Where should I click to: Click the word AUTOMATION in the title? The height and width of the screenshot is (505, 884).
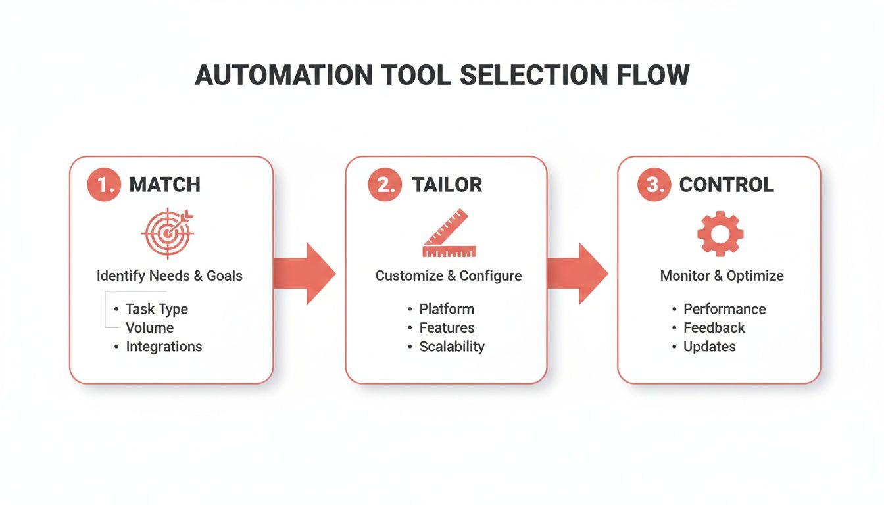pos(284,76)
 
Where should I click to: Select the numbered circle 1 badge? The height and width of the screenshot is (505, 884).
pos(105,185)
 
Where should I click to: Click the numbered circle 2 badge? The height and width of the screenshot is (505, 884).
pos(385,185)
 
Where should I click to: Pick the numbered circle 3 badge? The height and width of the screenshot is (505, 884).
pos(655,185)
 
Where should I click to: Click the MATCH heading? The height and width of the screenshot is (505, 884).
pos(164,185)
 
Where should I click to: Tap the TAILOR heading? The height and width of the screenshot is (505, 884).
pos(447,185)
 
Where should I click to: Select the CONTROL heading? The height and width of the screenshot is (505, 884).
pos(726,185)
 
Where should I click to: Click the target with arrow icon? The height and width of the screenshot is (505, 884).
pos(168,232)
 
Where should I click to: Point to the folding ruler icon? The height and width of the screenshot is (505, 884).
pos(449,233)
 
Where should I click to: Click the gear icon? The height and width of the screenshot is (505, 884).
pos(720,233)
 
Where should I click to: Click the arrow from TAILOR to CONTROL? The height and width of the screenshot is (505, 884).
pos(577,274)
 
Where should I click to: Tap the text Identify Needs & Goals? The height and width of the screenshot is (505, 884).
pos(170,276)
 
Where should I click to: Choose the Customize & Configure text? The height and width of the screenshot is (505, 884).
pos(449,276)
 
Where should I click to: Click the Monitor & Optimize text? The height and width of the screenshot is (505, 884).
pos(722,276)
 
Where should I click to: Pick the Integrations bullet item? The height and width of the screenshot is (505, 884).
pos(164,347)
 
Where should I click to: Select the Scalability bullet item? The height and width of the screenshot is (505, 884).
pos(452,347)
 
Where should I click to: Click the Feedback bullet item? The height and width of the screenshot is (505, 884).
pos(714,327)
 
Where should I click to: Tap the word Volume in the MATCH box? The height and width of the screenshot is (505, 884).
pos(149,327)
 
